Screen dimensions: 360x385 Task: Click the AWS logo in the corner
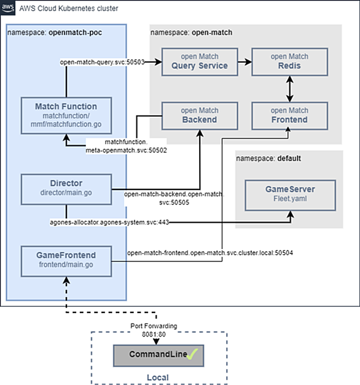(7, 7)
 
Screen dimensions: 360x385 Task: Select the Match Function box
(66, 116)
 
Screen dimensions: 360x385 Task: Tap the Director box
(66, 189)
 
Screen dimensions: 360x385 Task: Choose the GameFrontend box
(66, 261)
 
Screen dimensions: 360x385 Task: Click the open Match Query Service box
(200, 62)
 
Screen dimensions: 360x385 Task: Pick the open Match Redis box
(289, 62)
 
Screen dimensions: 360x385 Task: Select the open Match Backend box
(200, 116)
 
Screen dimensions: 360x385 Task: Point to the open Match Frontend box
(289, 116)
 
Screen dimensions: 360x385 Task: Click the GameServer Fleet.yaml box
(291, 195)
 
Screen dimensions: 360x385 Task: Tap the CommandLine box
(158, 355)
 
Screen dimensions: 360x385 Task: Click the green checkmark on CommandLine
(192, 354)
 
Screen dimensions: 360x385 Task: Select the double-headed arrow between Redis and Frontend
(289, 89)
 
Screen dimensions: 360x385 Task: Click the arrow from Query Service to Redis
(245, 62)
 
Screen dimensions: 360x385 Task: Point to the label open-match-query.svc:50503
(102, 62)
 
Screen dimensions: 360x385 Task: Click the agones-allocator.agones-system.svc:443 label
(109, 222)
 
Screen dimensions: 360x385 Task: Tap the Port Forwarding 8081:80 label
(154, 330)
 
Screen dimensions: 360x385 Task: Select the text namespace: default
(268, 159)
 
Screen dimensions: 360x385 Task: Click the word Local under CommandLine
(158, 378)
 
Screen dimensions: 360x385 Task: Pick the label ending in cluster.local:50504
(210, 253)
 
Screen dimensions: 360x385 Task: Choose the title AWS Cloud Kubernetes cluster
(69, 9)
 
